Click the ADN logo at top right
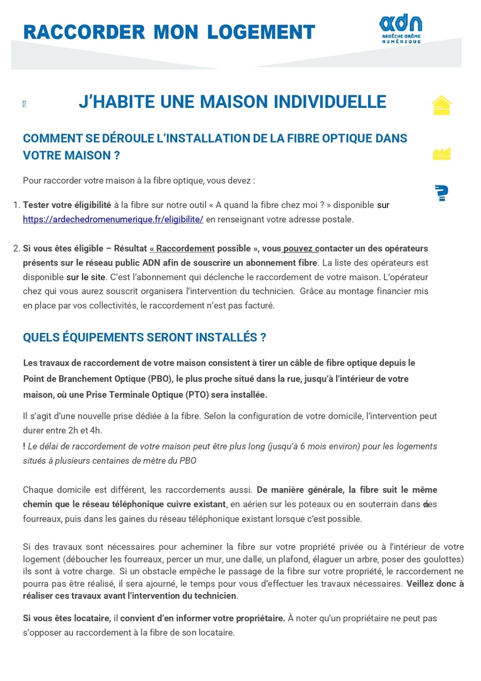400,29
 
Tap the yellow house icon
441,105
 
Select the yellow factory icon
441,153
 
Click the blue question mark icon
442,193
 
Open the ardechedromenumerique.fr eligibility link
113,219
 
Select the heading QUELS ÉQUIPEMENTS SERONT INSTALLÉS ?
144,337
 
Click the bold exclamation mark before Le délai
24,446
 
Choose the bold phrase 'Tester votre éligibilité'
67,205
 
